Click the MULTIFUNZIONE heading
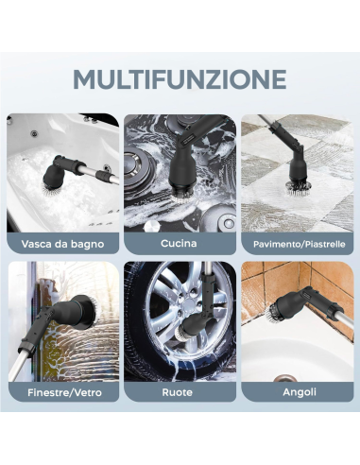[180, 79]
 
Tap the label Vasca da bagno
[62, 244]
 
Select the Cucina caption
[179, 243]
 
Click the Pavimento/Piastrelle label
[299, 244]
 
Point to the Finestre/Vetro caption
[64, 392]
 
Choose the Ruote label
[178, 392]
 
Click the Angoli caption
[300, 392]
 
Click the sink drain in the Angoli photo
[285, 378]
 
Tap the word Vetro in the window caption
[89, 392]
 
